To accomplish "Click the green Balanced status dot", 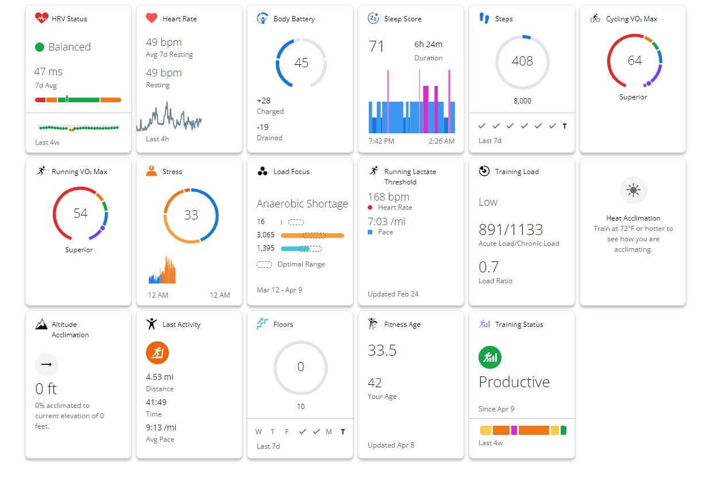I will click(40, 47).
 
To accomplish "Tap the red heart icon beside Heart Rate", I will click(152, 18).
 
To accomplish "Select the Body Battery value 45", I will click(301, 63).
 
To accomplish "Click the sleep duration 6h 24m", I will click(428, 44).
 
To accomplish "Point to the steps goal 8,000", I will click(522, 101).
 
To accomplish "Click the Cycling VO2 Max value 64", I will click(634, 61).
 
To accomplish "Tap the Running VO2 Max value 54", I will click(80, 214).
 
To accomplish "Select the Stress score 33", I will click(191, 215).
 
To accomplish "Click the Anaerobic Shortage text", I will click(302, 203).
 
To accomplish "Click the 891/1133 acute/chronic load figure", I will click(511, 230).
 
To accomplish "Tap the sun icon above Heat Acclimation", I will click(633, 190).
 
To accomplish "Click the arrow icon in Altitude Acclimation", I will click(47, 364).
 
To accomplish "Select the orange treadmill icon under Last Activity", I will click(157, 353).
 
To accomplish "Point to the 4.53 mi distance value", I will click(160, 377).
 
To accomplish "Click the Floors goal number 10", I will click(300, 406).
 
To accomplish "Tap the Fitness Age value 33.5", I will click(382, 350).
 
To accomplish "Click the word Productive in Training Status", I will click(514, 382).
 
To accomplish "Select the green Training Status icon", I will click(490, 357).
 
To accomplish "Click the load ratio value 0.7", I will click(489, 267).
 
